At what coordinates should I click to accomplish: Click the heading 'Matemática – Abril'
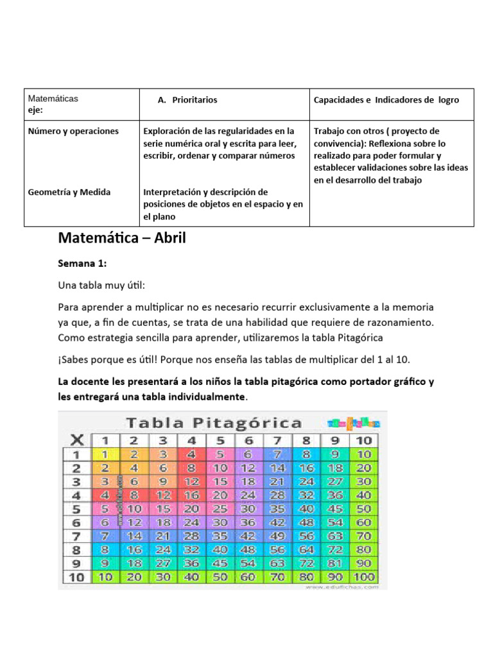point(121,239)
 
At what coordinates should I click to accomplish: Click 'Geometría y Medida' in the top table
point(69,192)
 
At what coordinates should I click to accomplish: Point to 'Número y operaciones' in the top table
point(73,131)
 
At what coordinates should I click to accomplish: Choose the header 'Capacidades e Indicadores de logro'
point(386,100)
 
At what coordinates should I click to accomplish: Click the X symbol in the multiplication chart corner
point(76,440)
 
